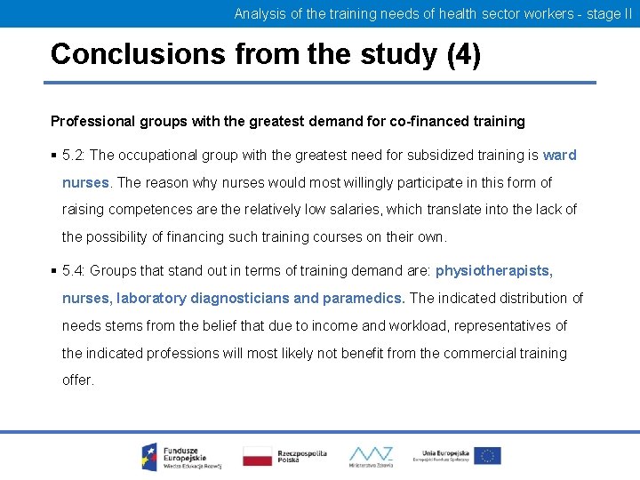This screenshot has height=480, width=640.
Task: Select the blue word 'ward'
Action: tap(559, 155)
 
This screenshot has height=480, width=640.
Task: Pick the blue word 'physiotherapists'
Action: tap(492, 270)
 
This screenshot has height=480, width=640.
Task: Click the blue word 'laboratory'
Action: tap(152, 298)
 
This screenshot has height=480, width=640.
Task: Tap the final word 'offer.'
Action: tap(77, 380)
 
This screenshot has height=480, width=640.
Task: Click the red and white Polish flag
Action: tap(258, 456)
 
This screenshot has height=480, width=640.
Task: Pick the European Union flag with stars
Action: tap(486, 456)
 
